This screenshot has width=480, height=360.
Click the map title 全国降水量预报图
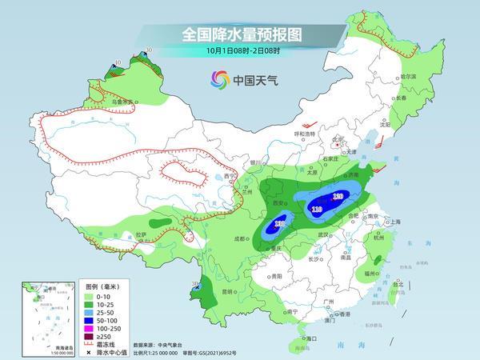240,34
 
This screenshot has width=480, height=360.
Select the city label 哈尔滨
408,76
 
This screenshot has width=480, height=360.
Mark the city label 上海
393,222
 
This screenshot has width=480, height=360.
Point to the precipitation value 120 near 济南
338,196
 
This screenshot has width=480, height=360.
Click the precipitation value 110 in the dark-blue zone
317,210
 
